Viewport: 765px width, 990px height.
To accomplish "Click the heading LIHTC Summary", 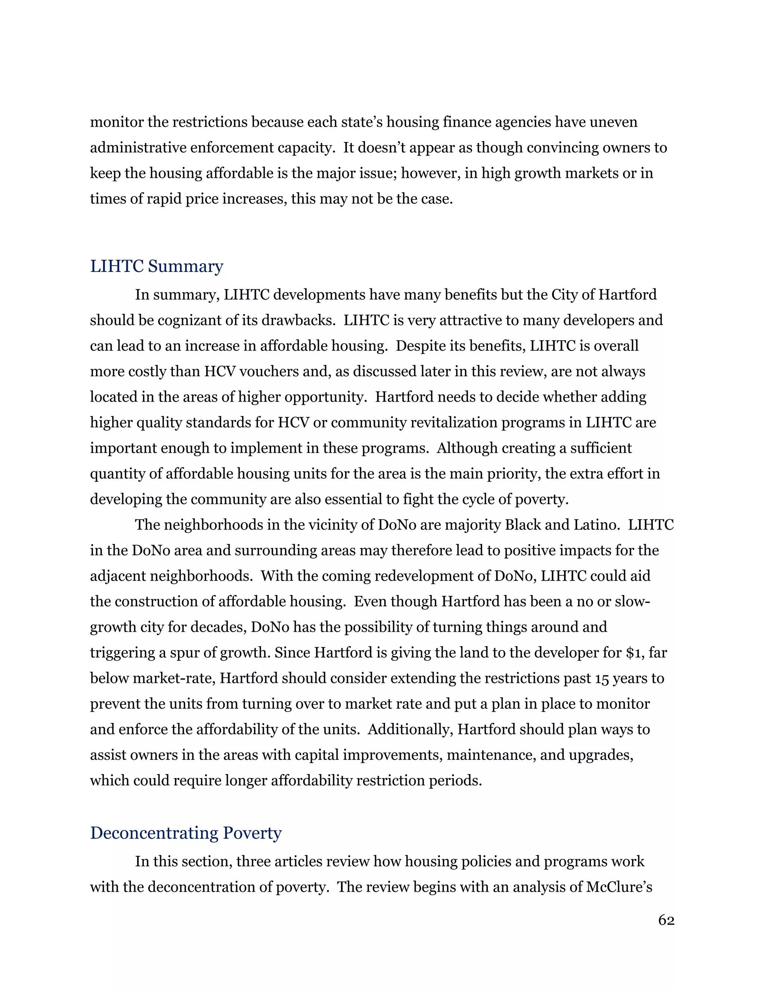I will click(x=157, y=266).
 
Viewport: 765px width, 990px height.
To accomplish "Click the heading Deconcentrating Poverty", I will click(x=186, y=833).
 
